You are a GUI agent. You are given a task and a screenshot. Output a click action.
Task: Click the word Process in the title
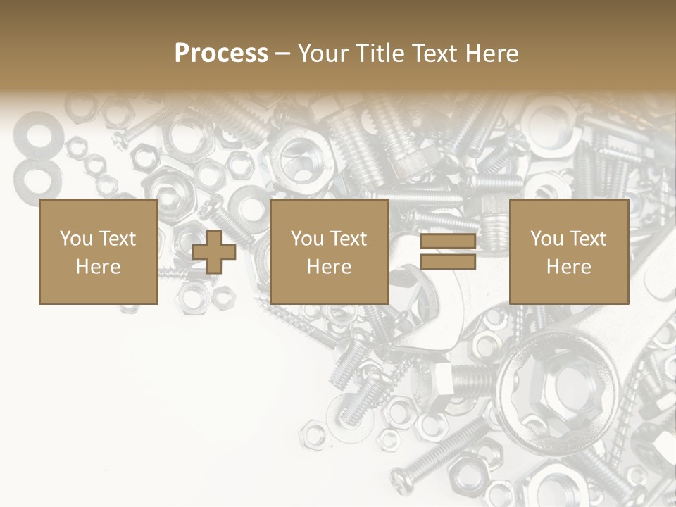[221, 54]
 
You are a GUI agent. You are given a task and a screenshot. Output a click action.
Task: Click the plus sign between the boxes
[214, 252]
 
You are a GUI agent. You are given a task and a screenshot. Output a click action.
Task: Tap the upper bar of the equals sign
[448, 242]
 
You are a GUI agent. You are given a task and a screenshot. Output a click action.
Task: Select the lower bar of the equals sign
[448, 262]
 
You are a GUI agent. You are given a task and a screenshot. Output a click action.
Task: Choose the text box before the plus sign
[98, 251]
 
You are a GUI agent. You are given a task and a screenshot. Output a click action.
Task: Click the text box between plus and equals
[329, 251]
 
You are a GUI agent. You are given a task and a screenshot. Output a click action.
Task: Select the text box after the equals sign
[568, 251]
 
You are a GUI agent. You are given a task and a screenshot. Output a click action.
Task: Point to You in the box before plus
[76, 239]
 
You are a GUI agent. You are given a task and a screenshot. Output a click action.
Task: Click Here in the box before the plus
[98, 267]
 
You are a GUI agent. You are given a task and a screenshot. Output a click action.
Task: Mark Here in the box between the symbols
[329, 267]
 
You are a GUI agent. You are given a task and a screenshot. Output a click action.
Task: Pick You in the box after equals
[547, 239]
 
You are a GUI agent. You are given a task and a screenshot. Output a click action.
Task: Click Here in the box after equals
[568, 267]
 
